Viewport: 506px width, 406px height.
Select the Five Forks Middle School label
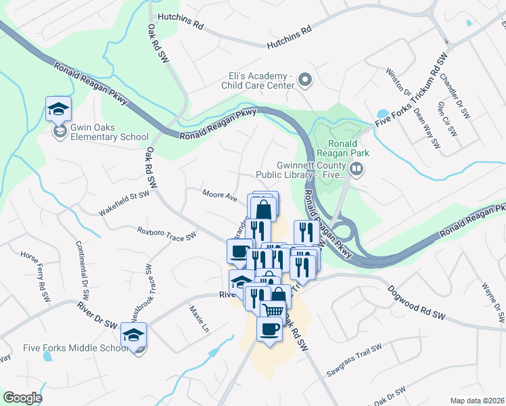click(75, 348)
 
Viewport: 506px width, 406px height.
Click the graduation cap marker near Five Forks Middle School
click(134, 335)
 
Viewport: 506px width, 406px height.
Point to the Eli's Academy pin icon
click(305, 81)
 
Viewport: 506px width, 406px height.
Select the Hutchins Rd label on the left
click(181, 24)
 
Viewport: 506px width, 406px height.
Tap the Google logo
click(22, 398)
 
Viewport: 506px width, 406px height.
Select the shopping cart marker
click(272, 310)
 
